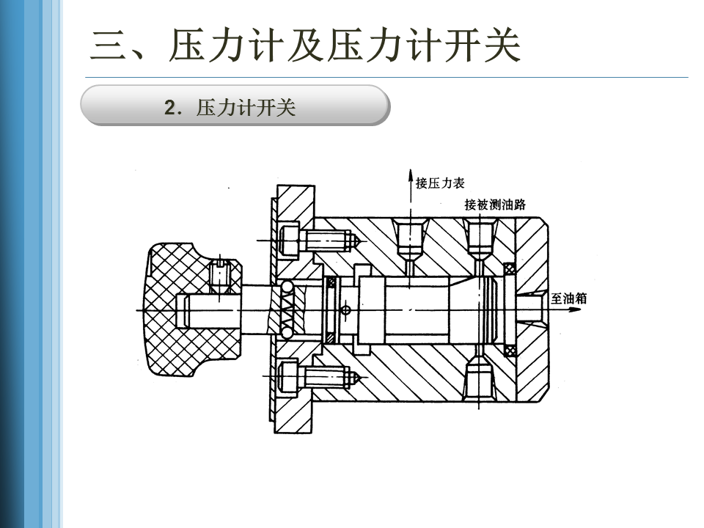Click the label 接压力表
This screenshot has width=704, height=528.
(x=440, y=183)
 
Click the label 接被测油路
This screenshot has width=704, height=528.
(x=495, y=205)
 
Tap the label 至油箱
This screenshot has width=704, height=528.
(x=568, y=299)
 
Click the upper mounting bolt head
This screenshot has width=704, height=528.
(x=288, y=238)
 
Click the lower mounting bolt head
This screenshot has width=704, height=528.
(x=288, y=378)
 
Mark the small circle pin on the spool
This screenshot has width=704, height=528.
(x=346, y=309)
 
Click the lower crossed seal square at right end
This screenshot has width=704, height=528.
(x=510, y=350)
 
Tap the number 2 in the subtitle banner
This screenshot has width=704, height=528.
(x=172, y=108)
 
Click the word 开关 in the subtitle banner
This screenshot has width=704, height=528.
(x=279, y=108)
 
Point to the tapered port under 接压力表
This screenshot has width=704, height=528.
(x=409, y=238)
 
